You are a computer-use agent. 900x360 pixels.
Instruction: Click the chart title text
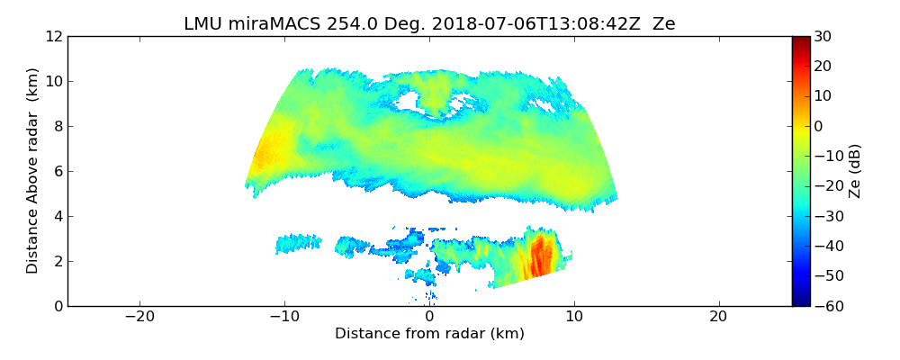pyautogui.click(x=429, y=24)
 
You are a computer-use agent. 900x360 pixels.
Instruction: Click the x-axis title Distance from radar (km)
pyautogui.click(x=429, y=334)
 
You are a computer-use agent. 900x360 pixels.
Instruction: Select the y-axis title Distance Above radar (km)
pyautogui.click(x=33, y=170)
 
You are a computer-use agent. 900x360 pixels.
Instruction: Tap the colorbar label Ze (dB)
pyautogui.click(x=854, y=170)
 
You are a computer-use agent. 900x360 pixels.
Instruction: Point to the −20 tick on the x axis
pyautogui.click(x=139, y=317)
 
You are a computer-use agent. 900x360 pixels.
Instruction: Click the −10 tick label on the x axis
pyautogui.click(x=283, y=317)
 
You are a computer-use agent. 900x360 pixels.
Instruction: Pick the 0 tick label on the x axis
pyautogui.click(x=429, y=317)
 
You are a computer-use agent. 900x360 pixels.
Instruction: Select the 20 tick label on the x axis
pyautogui.click(x=718, y=317)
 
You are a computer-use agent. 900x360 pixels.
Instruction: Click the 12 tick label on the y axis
pyautogui.click(x=53, y=36)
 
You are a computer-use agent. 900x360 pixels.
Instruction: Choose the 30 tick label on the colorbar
pyautogui.click(x=823, y=36)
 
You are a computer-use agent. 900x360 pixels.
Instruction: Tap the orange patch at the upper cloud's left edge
pyautogui.click(x=265, y=153)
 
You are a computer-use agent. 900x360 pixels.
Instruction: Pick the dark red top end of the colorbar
pyautogui.click(x=800, y=40)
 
